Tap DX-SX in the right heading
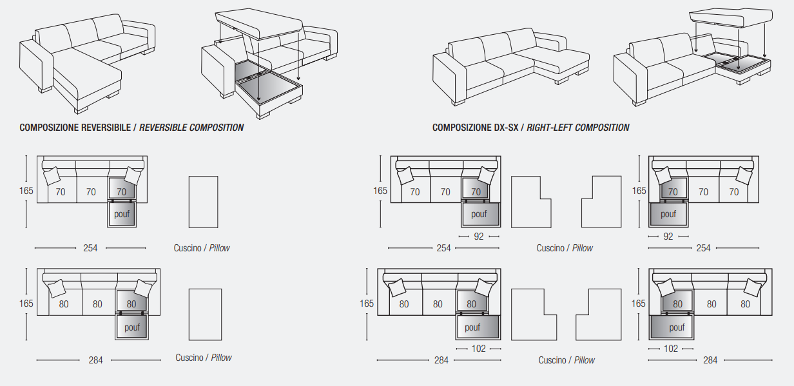[506, 128]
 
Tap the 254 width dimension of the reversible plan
[90, 248]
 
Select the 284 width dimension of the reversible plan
[95, 360]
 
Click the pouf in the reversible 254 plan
[122, 214]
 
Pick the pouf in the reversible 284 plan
[132, 327]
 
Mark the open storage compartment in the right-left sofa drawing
[738, 64]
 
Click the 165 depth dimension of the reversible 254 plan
[26, 191]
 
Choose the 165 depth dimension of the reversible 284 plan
[26, 304]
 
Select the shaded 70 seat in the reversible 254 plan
[122, 188]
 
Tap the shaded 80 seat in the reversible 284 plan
[131, 301]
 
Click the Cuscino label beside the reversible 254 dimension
[188, 248]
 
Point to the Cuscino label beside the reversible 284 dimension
[189, 358]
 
